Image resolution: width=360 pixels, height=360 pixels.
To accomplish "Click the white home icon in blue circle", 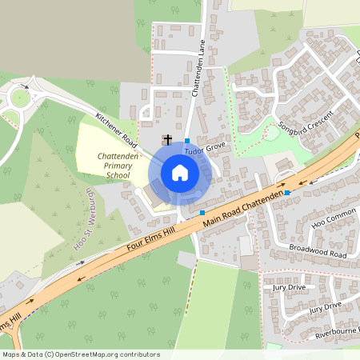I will pos(180,173).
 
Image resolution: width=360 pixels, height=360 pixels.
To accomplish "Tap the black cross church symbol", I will pos(167,139).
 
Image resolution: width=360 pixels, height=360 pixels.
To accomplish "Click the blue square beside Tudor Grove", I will pos(187,140).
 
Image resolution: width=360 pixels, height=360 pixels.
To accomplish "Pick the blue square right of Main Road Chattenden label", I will pos(286,193).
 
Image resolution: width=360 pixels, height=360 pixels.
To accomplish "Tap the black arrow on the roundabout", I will pos(25,86).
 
